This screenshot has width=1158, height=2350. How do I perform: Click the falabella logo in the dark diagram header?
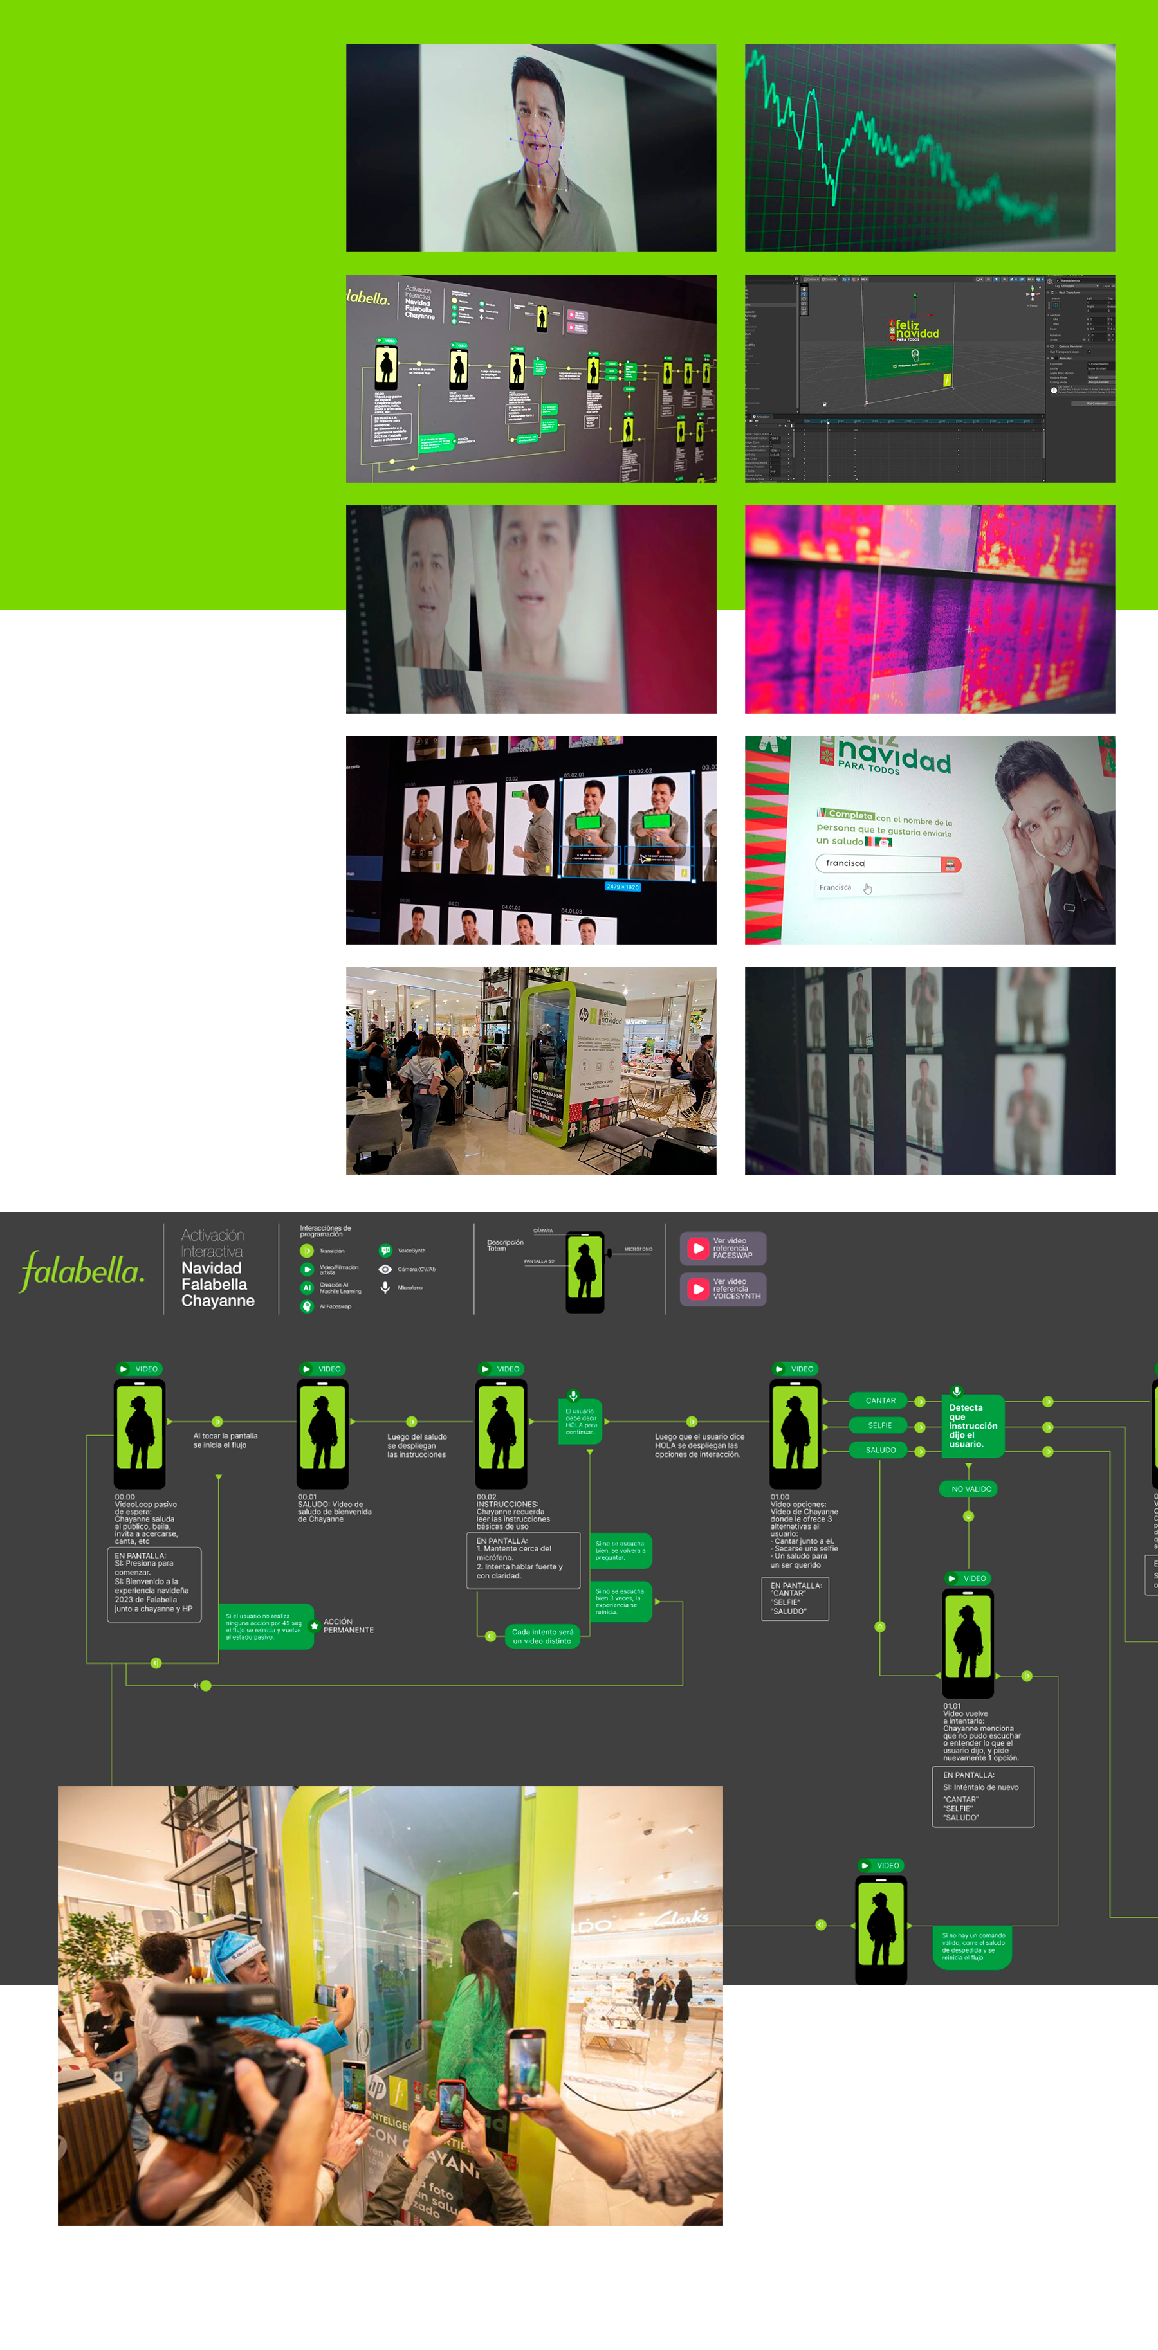82,1270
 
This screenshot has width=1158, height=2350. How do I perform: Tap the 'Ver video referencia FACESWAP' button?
722,1248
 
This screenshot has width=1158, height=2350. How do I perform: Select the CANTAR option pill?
879,1400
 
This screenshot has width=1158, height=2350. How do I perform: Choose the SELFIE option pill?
879,1425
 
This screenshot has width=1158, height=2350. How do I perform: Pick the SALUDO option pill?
879,1450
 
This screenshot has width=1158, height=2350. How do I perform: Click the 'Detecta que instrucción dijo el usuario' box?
973,1426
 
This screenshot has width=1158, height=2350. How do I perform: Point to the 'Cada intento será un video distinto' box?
542,1636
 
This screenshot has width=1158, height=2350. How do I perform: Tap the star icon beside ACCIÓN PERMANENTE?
315,1625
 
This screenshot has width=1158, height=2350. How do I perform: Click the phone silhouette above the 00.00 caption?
140,1434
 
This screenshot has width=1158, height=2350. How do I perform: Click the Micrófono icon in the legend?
385,1287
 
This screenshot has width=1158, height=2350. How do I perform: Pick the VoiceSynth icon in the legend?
385,1251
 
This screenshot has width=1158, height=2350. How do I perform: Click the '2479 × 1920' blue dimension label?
622,887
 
